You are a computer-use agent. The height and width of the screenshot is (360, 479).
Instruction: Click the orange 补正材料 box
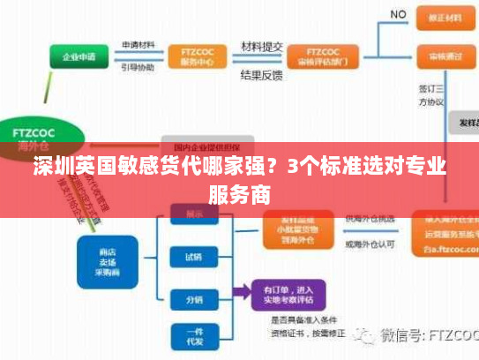(x=445, y=18)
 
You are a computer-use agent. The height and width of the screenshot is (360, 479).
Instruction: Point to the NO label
(x=398, y=15)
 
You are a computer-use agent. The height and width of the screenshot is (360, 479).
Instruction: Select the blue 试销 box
(x=193, y=258)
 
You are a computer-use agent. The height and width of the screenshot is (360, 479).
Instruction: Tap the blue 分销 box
(x=193, y=299)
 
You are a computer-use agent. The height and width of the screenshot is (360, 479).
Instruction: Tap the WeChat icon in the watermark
(x=365, y=336)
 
